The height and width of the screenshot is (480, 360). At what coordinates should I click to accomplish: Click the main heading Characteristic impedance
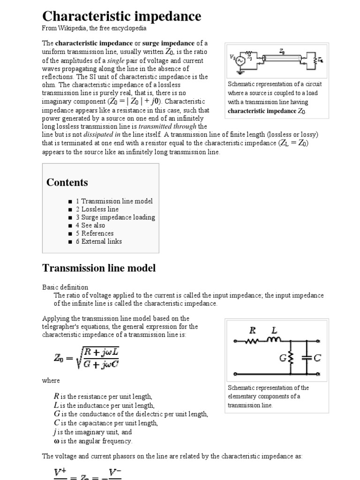coord(122,16)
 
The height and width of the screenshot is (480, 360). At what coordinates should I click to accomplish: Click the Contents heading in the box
coord(67,182)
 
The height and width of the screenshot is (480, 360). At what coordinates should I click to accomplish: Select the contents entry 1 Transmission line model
coord(114,201)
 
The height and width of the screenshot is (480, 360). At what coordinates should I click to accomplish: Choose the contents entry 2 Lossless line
coord(97,209)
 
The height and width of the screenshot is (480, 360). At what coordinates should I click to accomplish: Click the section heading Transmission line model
coord(99,268)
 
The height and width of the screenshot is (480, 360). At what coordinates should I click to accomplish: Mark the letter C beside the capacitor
coord(317,359)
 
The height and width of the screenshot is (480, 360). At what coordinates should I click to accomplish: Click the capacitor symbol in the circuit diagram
coord(307,358)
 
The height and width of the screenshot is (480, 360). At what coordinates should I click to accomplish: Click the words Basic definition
coord(65,287)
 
